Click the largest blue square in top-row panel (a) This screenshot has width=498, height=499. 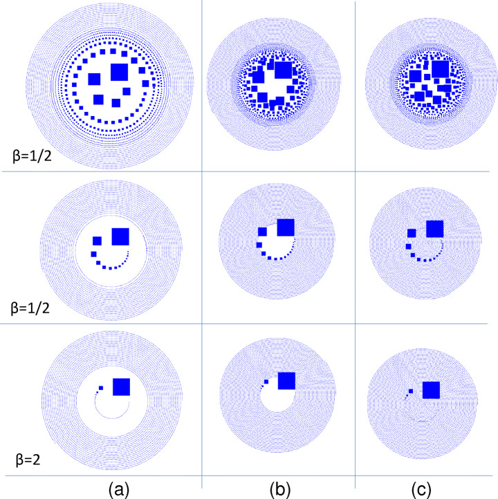click(118, 71)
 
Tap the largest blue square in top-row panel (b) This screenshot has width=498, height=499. click(282, 70)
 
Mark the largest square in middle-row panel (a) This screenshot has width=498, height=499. click(120, 236)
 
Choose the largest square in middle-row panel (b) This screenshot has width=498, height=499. click(285, 228)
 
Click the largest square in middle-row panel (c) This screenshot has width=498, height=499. click(435, 229)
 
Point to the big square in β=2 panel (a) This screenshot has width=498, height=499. click(121, 387)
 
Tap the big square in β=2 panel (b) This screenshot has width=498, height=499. click(286, 381)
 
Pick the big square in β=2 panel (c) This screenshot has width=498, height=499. click(431, 390)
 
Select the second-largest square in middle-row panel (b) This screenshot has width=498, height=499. click(262, 232)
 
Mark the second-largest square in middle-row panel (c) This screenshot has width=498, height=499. click(412, 234)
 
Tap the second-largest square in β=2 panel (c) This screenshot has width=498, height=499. click(412, 391)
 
